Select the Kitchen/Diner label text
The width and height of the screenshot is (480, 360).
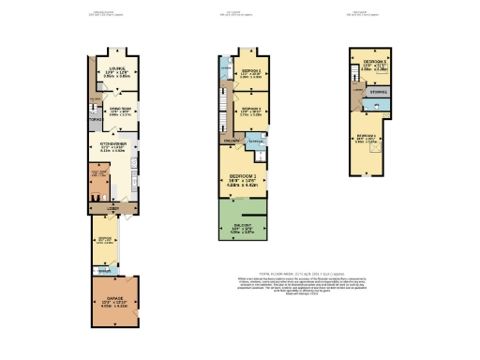pos(112,144)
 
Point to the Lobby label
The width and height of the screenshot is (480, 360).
pos(112,208)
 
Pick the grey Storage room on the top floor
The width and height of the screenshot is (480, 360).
pos(378,93)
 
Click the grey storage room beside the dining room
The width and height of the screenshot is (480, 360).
pos(94,120)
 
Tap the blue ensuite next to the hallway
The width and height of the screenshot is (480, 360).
pos(256,142)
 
